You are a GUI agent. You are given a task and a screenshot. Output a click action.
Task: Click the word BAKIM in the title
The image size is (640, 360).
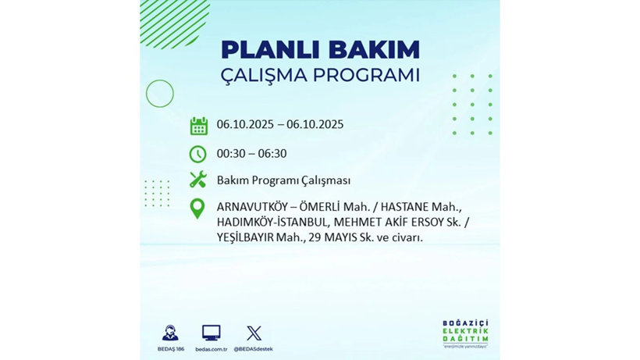click(373, 50)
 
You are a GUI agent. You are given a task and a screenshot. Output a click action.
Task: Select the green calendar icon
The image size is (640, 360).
click(198, 126)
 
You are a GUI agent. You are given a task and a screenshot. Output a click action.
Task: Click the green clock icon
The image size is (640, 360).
click(198, 154)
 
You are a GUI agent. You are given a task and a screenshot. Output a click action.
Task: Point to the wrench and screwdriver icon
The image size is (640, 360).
click(198, 180)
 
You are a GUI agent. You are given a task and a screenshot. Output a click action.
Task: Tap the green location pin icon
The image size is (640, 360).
click(197, 209)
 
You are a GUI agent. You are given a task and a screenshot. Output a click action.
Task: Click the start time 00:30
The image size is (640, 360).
click(232, 154)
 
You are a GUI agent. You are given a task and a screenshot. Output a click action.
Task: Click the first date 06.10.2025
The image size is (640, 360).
click(247, 125)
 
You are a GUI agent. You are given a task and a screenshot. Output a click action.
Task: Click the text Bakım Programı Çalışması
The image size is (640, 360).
click(283, 180)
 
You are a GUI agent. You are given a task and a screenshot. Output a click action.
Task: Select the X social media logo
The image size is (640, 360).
click(254, 333)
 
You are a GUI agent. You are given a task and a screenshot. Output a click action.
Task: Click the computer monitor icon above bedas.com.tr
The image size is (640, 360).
click(211, 333)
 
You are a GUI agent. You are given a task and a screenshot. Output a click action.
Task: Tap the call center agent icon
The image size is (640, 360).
click(170, 333)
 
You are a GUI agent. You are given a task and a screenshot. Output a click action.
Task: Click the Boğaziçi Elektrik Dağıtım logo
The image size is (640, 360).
click(465, 334)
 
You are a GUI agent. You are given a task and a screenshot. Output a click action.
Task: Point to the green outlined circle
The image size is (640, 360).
click(160, 94)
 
